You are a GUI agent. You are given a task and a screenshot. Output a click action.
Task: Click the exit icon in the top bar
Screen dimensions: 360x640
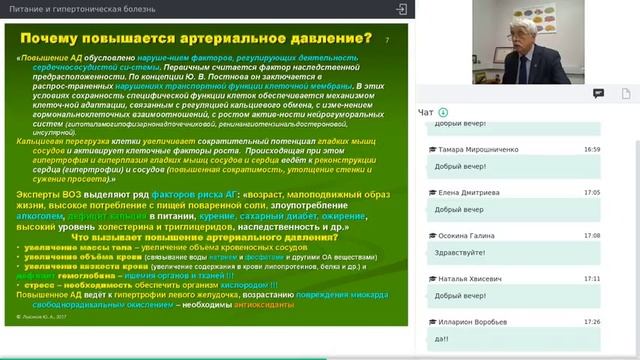[x=402, y=8]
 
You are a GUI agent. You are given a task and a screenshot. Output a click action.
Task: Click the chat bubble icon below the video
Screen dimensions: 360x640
[x=598, y=93]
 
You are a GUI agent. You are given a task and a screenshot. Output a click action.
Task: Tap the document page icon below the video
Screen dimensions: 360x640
[x=627, y=93]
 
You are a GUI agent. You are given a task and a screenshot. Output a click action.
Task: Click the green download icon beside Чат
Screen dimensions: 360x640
[x=443, y=112]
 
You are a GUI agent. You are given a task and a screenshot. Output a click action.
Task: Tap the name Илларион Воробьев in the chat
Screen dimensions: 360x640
[x=468, y=322]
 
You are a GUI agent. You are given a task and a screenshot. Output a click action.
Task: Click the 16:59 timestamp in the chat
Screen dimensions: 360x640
[x=592, y=149]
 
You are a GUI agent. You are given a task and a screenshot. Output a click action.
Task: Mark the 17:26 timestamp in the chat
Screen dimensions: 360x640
[x=592, y=322]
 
